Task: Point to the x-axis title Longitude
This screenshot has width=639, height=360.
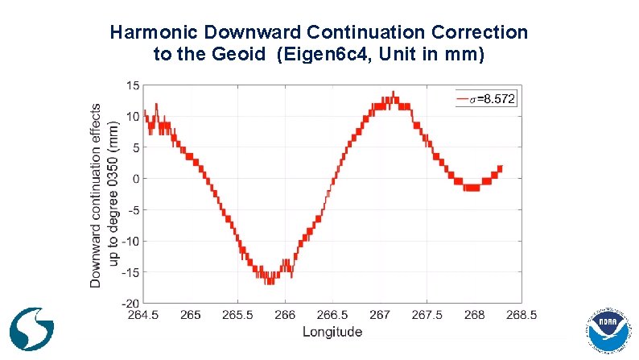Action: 332,332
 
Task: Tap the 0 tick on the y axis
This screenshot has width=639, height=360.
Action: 136,179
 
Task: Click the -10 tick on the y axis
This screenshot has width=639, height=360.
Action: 130,241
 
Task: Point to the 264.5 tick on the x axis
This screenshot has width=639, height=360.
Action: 144,315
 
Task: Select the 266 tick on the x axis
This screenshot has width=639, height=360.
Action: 286,315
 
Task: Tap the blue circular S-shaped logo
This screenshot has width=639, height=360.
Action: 32,329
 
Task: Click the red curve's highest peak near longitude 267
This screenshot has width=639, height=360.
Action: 392,93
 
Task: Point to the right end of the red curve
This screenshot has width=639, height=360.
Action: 501,168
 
